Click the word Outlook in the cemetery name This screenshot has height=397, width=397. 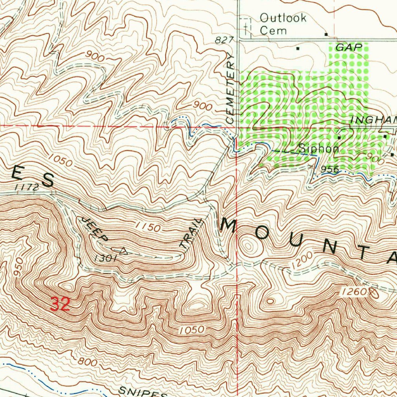[283, 18]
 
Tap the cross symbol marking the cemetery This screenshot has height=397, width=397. [246, 27]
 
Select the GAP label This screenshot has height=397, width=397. [349, 48]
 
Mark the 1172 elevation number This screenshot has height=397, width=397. [27, 188]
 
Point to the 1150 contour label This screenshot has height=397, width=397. [148, 227]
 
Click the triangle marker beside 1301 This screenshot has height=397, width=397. [123, 250]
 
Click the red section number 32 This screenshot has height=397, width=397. [60, 304]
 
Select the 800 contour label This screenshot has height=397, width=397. [87, 362]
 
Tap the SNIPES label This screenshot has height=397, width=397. [142, 392]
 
